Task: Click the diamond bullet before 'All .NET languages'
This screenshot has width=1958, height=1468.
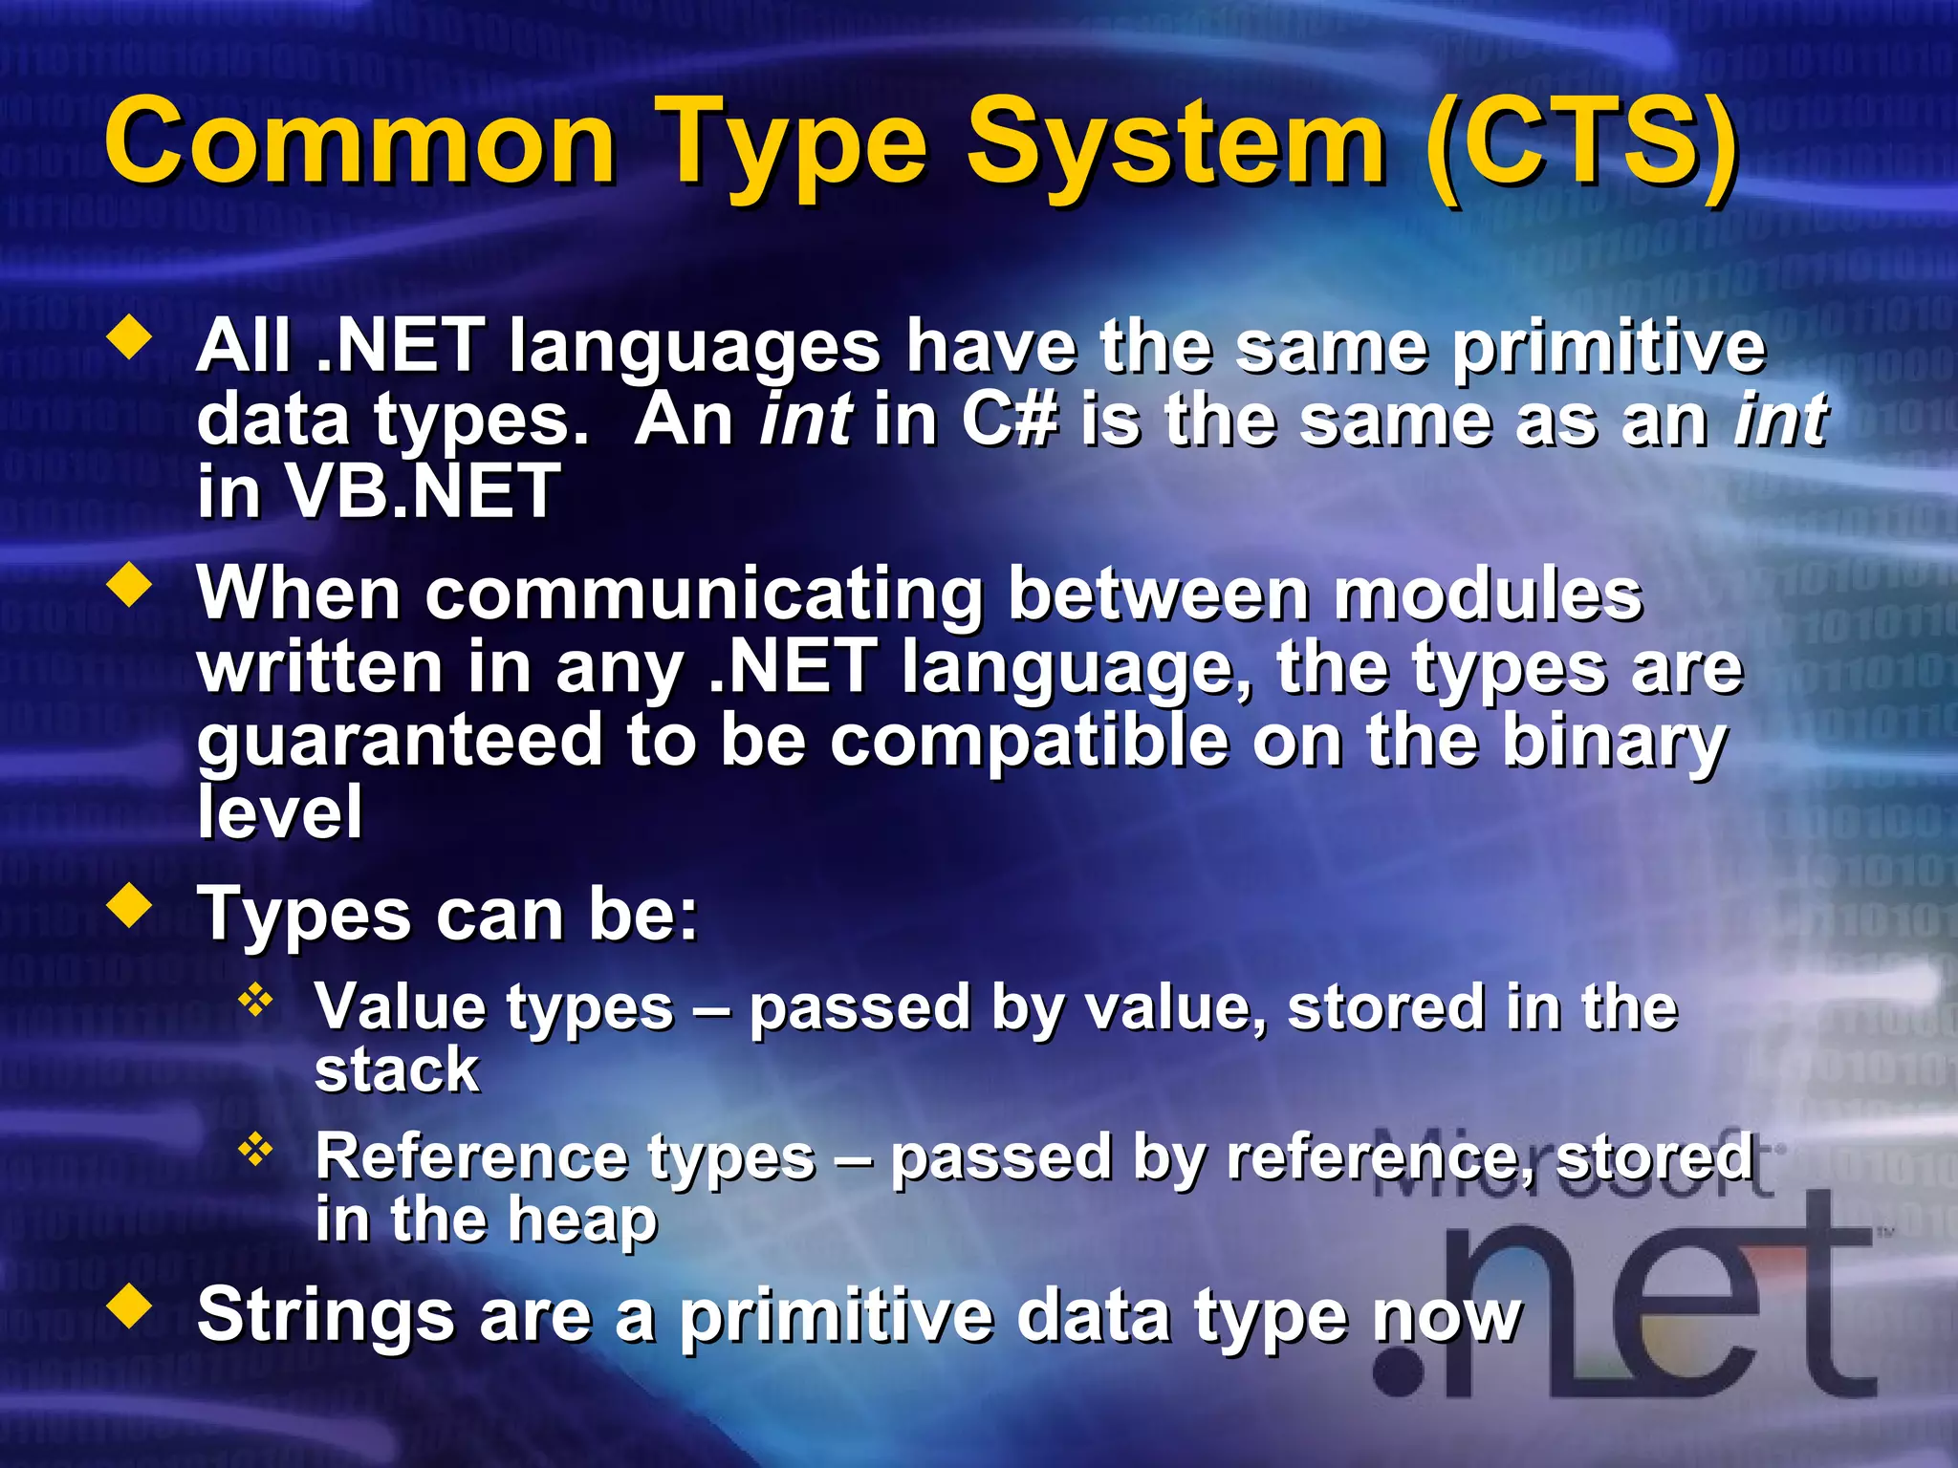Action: point(131,340)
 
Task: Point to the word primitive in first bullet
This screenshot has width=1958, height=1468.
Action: point(1607,348)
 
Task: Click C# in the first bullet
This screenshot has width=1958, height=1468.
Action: point(1010,421)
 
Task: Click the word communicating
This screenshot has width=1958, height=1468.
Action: point(704,595)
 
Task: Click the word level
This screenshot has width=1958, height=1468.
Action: point(279,812)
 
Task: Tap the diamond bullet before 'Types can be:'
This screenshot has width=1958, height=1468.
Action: point(131,906)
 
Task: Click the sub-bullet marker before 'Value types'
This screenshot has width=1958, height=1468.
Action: point(256,1002)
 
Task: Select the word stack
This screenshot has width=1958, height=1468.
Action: point(396,1070)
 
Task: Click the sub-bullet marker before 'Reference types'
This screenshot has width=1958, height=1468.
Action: point(256,1151)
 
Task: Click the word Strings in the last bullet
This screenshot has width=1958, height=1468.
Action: point(325,1316)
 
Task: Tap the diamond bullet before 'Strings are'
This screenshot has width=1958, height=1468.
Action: point(131,1307)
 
